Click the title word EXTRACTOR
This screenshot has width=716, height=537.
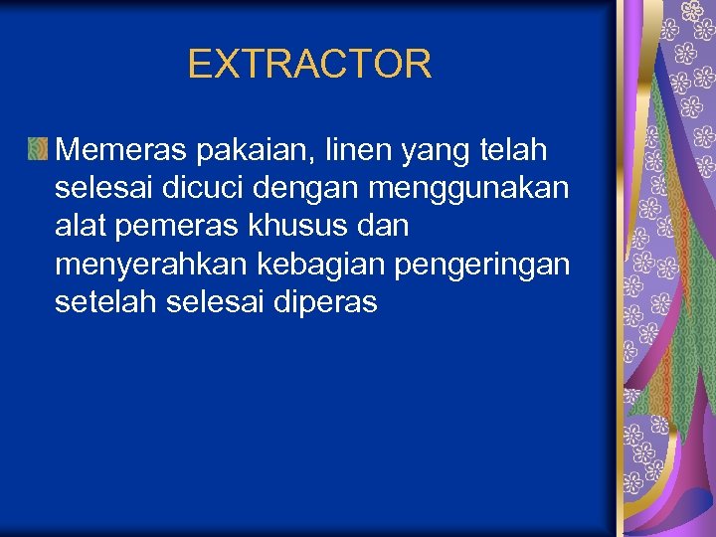pos(309,65)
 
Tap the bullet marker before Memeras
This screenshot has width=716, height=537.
pos(38,149)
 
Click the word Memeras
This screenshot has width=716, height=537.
pos(121,150)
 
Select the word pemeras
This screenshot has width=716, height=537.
pos(174,228)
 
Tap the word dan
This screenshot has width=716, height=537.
pos(381,226)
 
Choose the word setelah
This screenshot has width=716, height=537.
pos(104,301)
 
